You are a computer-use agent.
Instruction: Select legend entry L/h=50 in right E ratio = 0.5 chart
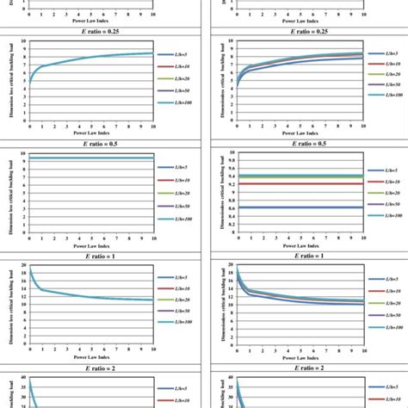tap(388, 204)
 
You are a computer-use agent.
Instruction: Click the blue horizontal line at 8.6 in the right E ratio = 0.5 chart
tap(293, 208)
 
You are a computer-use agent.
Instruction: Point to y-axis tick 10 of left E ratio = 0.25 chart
tap(23, 42)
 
